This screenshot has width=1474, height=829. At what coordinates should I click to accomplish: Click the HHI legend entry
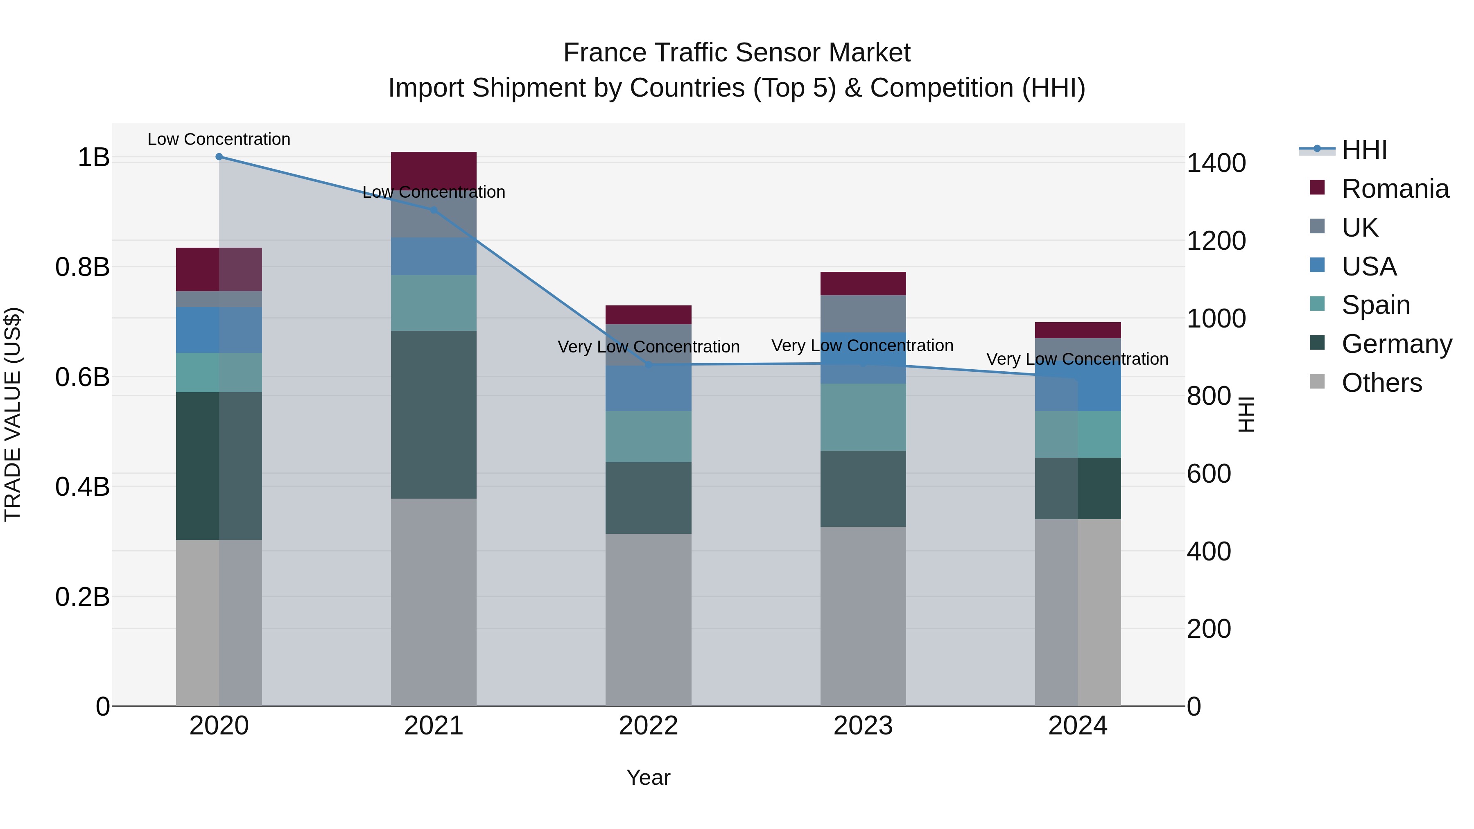(1363, 150)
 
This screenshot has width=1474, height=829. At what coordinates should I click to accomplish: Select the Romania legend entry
(1395, 189)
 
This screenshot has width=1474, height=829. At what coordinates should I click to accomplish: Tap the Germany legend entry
(1396, 344)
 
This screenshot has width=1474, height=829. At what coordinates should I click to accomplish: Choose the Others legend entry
(1381, 383)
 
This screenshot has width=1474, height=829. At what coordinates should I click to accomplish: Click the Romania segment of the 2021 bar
(433, 168)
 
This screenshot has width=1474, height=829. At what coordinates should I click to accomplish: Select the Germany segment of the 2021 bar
(433, 414)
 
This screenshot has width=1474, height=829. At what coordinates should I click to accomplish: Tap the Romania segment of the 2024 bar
(1078, 330)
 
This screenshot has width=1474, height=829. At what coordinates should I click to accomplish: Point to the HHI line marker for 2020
(219, 157)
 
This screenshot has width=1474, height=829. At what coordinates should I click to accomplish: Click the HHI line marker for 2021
(433, 210)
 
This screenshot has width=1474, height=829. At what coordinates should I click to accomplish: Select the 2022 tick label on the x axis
(648, 726)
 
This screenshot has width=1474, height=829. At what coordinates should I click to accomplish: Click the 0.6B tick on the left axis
(82, 377)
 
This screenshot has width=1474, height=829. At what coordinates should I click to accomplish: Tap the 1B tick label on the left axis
(93, 157)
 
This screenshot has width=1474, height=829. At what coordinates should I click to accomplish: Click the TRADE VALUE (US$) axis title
(13, 414)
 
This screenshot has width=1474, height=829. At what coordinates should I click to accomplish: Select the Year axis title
(648, 777)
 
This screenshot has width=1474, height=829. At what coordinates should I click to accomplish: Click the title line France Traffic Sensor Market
(737, 53)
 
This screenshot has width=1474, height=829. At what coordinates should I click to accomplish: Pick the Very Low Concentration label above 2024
(1077, 359)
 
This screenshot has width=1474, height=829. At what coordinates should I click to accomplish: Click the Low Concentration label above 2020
(219, 139)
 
